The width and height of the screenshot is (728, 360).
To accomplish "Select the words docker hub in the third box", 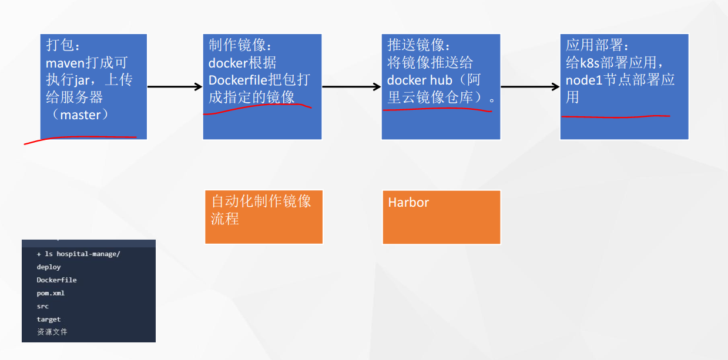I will point(420,80).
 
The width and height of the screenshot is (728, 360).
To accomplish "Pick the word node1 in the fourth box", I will point(585,80).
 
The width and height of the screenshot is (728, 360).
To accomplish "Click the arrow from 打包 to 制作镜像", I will point(175,87).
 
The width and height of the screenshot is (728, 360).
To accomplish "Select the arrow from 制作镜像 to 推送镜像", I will point(351,87).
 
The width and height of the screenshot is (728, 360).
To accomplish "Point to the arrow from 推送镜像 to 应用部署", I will point(530,87).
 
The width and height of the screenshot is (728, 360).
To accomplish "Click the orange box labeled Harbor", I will point(441,217).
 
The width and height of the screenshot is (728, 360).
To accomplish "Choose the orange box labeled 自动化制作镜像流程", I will point(264,217).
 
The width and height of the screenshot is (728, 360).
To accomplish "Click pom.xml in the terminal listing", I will point(51,293).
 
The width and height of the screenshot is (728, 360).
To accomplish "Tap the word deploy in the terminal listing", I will point(48,267).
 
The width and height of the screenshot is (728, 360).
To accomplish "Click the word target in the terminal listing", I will point(48,319).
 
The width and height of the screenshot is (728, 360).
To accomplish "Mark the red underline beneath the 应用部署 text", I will point(615,117).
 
